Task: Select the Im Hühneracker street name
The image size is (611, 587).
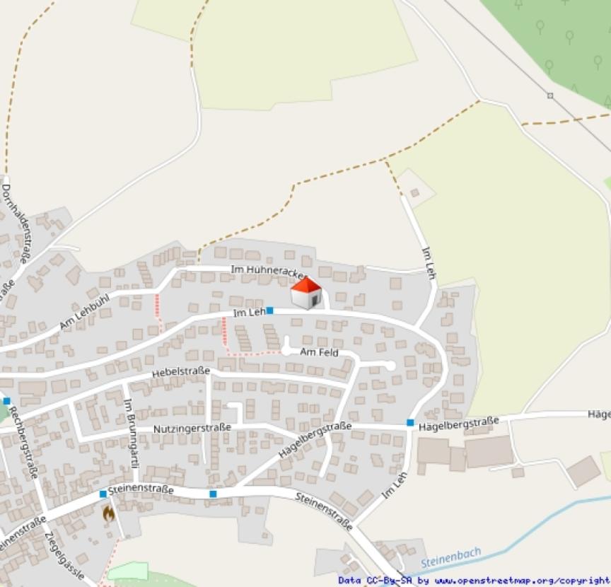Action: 268,270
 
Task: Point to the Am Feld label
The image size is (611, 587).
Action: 319,352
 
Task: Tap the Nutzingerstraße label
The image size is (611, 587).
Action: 192,429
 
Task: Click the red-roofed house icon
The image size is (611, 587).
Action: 306,293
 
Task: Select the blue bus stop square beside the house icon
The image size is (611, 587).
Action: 269,310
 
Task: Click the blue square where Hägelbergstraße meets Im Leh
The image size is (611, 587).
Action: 410,423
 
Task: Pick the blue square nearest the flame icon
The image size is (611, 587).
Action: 103,494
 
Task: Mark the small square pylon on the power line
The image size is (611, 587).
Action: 551,95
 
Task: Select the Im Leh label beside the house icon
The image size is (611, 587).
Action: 248,312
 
